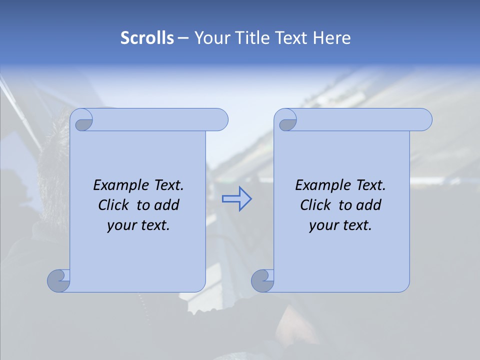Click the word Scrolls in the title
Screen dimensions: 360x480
point(147,37)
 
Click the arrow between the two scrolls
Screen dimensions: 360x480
point(236,199)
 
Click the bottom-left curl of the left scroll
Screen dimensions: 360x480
point(57,281)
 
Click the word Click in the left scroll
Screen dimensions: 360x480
point(114,205)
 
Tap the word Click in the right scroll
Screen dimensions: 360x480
point(316,205)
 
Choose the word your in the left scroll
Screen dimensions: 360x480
point(119,225)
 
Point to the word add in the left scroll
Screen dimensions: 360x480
point(167,205)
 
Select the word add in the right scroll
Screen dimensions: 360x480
point(369,205)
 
